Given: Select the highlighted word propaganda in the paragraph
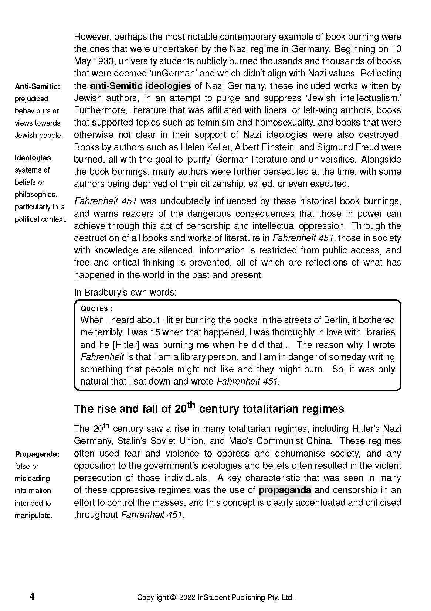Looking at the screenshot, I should (285, 490).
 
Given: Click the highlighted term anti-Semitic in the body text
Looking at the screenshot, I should (116, 86).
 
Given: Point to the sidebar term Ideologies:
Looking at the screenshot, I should (34, 158).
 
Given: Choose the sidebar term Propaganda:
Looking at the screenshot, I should (37, 454).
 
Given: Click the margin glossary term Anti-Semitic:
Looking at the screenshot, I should (37, 86).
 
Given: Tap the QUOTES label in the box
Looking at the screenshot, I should (95, 308).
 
